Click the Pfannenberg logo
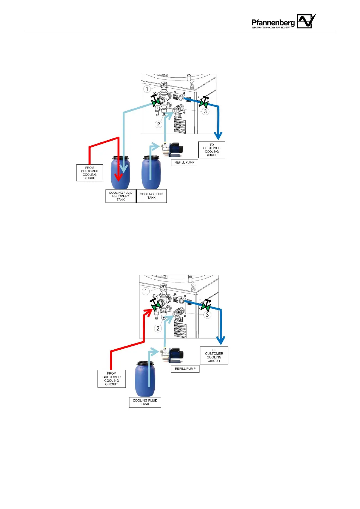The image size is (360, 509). (x=284, y=22)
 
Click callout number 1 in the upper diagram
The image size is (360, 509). (x=147, y=89)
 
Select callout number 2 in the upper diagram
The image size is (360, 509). (x=158, y=124)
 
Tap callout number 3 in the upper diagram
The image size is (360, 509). (x=206, y=111)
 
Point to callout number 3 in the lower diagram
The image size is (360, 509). (x=207, y=315)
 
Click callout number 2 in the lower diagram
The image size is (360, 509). (x=157, y=329)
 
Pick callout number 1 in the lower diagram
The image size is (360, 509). (x=146, y=291)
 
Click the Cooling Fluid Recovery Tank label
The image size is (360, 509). (x=121, y=196)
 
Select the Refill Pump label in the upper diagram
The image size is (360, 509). (x=184, y=162)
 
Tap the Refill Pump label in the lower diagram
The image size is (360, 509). (x=185, y=369)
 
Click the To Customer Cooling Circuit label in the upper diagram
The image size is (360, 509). (x=212, y=150)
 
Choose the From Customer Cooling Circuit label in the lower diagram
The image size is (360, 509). (x=112, y=379)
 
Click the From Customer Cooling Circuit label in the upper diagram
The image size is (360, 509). (x=89, y=173)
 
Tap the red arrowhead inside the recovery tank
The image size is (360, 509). (x=119, y=177)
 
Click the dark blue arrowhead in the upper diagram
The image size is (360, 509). (x=218, y=135)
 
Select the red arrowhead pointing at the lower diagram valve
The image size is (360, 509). (x=148, y=312)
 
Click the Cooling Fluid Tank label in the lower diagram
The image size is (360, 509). (x=145, y=402)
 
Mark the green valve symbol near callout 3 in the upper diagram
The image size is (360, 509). (x=203, y=103)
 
